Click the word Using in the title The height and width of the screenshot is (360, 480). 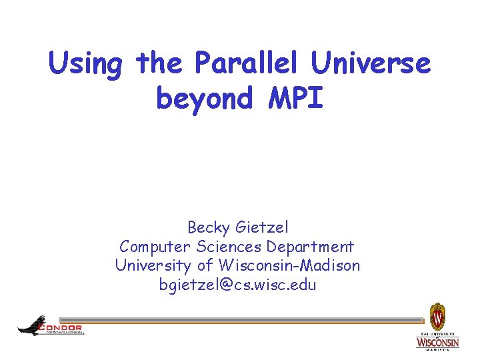86,65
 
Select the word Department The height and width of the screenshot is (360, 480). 311,247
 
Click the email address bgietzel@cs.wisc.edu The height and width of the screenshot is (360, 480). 237,285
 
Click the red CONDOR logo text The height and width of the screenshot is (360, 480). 61,327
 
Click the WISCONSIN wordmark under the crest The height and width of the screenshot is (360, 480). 437,342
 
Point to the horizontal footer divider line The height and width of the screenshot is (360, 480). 240,321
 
